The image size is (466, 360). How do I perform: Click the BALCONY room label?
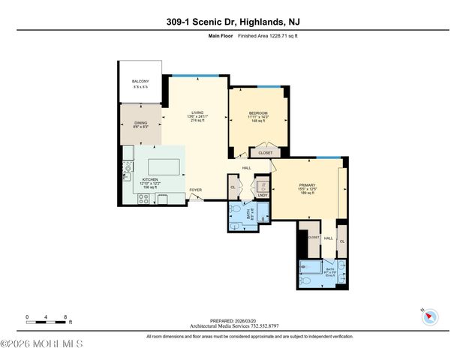[140, 81]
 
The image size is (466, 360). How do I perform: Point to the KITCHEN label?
[151, 179]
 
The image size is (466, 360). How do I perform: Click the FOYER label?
[196, 190]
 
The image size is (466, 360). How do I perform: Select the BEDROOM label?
[258, 113]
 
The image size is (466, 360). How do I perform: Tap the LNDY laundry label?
[262, 195]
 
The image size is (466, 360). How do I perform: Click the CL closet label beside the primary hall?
[341, 241]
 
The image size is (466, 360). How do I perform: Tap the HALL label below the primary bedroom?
[328, 237]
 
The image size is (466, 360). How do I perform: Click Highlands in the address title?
[272, 22]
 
